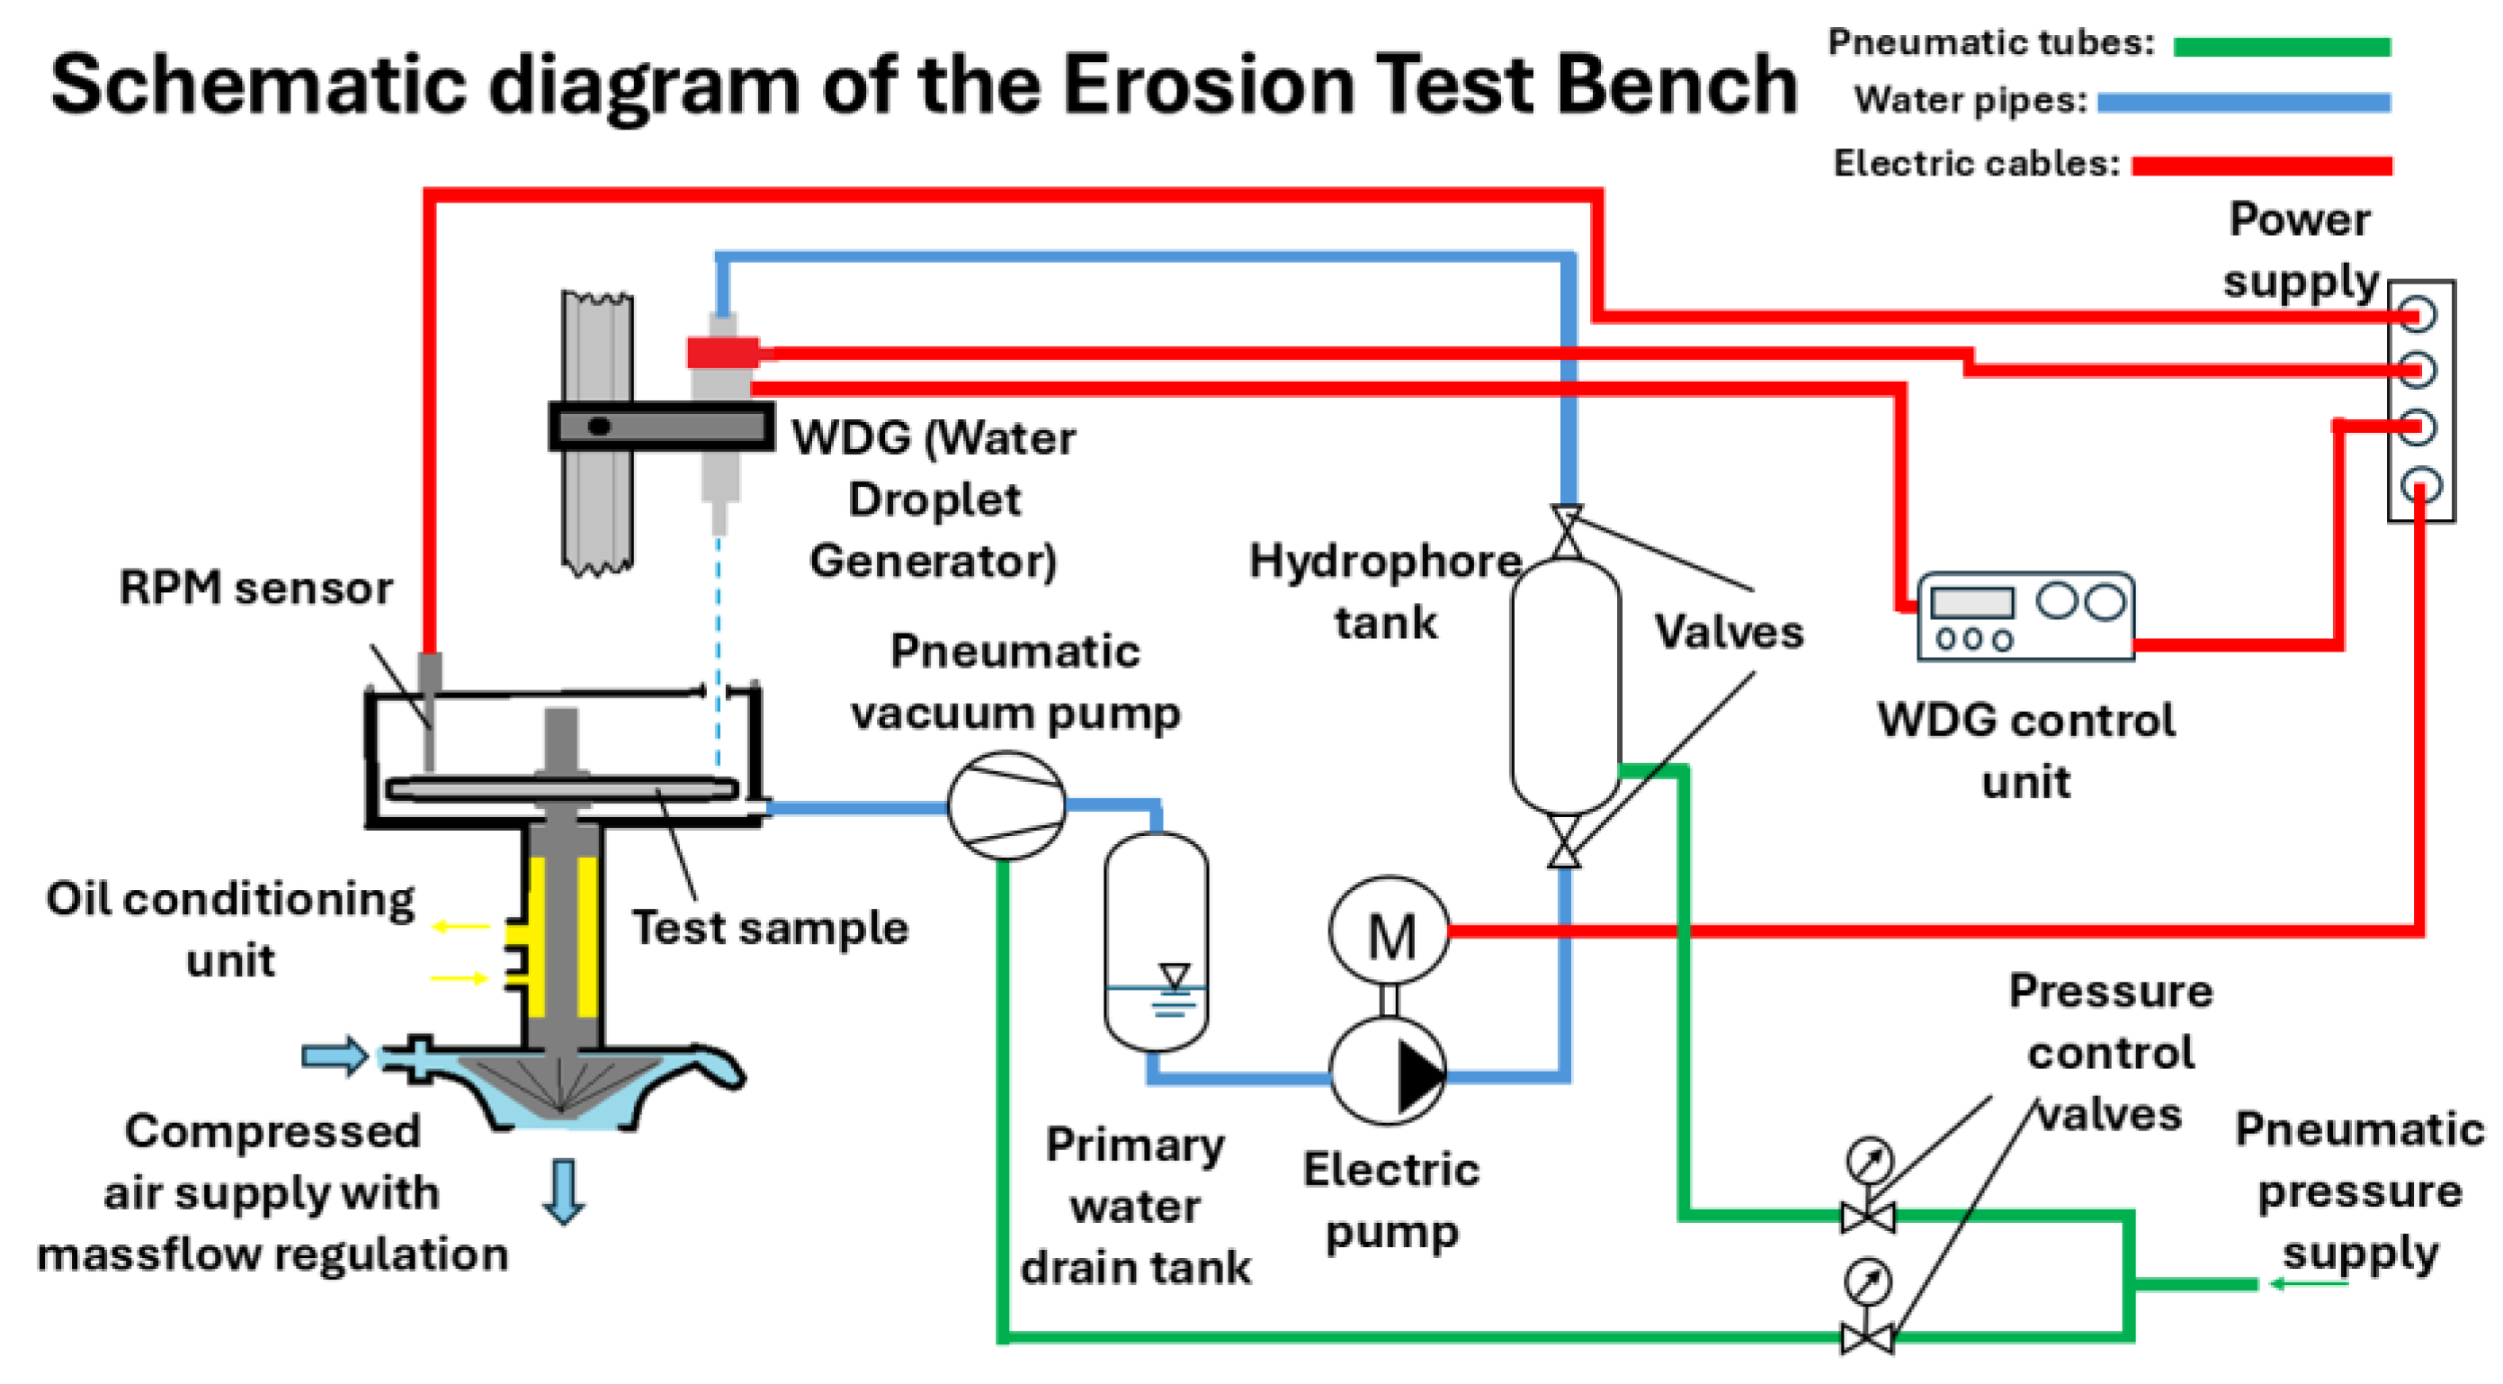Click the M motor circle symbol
point(1390,931)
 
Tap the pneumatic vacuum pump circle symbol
point(1006,805)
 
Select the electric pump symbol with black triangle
point(1388,1072)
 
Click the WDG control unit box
point(2026,616)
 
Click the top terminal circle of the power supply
point(2418,314)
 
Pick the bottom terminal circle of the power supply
point(2418,485)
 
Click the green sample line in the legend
point(2282,47)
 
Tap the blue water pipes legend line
point(2244,102)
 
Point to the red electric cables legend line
point(2262,166)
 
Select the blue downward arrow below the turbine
point(564,1191)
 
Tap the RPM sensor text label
point(255,587)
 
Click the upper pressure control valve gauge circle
point(1870,1160)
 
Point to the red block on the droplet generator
point(723,352)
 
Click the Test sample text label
point(771,927)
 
